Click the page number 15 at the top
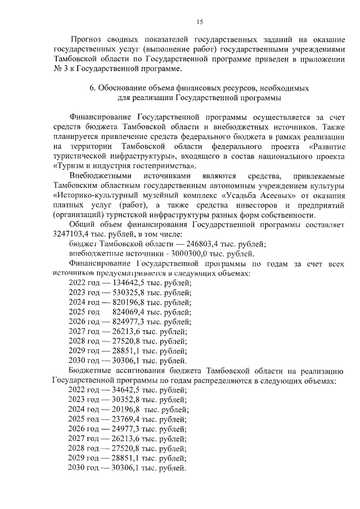point(199,22)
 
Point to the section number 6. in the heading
point(93,88)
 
